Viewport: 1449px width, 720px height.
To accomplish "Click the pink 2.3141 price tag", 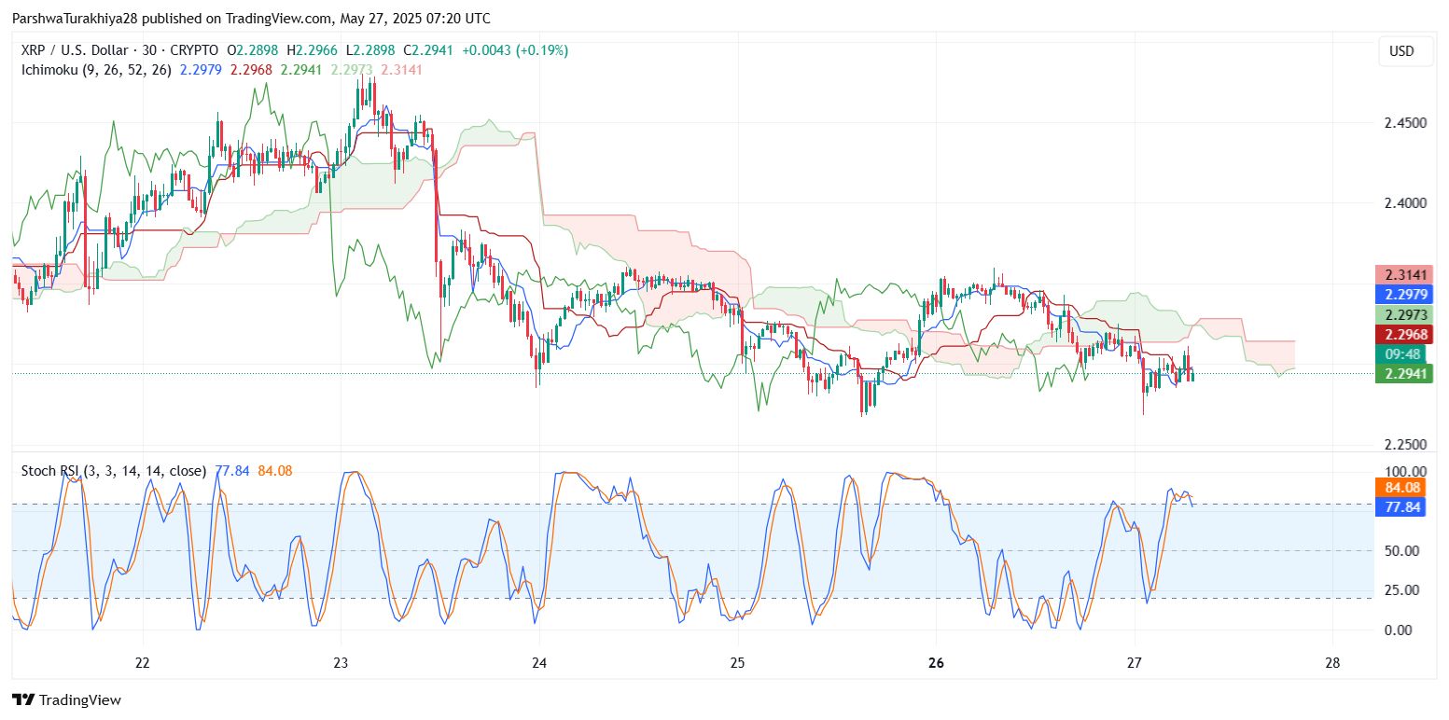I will pos(1403,274).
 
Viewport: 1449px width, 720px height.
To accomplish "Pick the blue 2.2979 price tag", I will pos(1403,295).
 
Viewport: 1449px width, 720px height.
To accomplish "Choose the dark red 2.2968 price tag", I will pos(1403,335).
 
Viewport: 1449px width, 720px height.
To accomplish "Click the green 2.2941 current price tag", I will pos(1403,374).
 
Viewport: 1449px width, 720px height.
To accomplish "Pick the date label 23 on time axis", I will pos(341,663).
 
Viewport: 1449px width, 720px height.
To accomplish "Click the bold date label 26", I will pos(937,663).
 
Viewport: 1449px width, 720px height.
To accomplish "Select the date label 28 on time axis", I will pos(1332,663).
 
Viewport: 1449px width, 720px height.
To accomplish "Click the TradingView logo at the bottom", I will pos(67,699).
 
